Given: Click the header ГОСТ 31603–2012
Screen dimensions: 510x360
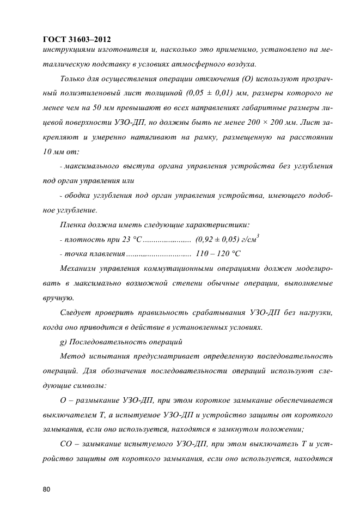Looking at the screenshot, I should pyautogui.click(x=76, y=39).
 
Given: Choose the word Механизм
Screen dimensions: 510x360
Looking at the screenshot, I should pyautogui.click(x=80, y=269).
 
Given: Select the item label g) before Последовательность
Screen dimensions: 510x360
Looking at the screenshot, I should pyautogui.click(x=62, y=342).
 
